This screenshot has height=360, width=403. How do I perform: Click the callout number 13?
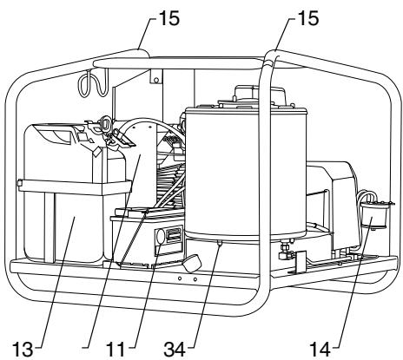tap(23, 349)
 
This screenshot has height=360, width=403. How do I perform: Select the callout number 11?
tap(116, 349)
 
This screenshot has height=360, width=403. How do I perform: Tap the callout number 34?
tap(175, 349)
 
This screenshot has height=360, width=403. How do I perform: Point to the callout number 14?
tap(320, 349)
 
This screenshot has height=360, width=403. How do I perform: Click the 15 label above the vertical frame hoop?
tap(308, 18)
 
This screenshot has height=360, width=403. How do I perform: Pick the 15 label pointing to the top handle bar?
tap(169, 18)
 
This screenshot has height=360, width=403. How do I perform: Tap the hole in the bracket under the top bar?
tap(156, 80)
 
